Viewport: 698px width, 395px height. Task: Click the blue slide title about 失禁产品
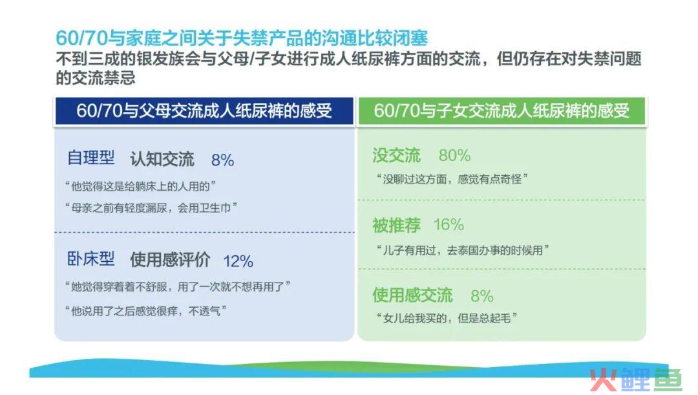click(x=242, y=38)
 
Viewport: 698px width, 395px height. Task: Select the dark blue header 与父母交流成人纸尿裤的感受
click(x=204, y=111)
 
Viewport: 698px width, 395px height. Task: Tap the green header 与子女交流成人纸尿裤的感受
click(x=502, y=111)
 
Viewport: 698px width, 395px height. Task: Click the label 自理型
click(x=91, y=158)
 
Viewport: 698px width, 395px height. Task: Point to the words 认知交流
click(x=162, y=159)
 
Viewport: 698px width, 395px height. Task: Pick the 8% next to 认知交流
click(x=222, y=160)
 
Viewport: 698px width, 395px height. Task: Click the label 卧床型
click(x=91, y=259)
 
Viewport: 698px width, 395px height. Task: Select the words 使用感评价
click(x=170, y=260)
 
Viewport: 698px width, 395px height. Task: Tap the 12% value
click(x=238, y=261)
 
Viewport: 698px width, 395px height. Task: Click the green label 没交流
click(x=396, y=155)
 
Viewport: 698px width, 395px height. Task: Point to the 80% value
click(x=454, y=155)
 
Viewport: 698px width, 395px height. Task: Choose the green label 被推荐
click(x=396, y=225)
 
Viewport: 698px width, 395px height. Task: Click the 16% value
click(x=449, y=224)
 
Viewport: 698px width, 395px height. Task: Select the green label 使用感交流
click(x=412, y=295)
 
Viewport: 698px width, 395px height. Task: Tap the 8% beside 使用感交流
click(x=482, y=295)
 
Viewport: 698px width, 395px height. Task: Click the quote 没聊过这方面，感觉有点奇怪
click(x=452, y=179)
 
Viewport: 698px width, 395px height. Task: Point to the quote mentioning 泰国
click(x=463, y=250)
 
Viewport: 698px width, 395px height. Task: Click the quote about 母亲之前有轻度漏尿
click(x=151, y=208)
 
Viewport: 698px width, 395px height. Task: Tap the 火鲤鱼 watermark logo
click(x=636, y=380)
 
